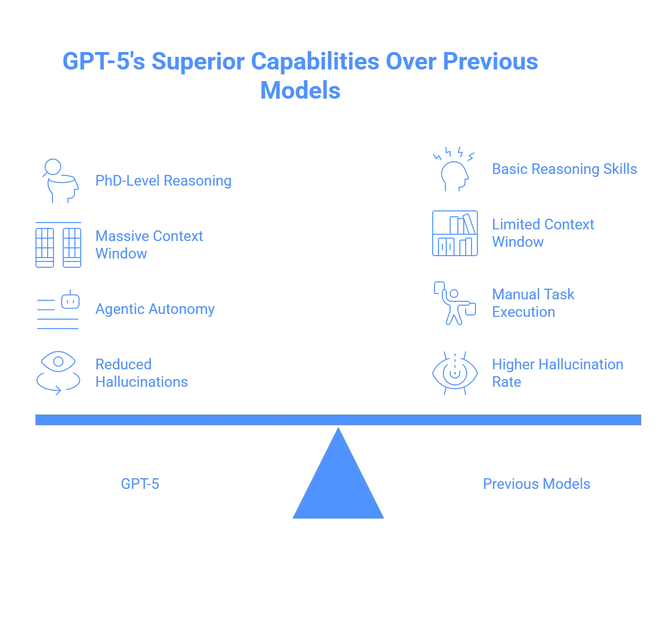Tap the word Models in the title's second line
click(300, 90)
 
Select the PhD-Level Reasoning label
click(163, 181)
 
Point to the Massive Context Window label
click(149, 244)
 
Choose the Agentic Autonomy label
click(154, 309)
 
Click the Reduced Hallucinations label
click(141, 373)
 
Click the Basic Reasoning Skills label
click(563, 169)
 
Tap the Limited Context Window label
click(542, 233)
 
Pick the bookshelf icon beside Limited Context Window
click(455, 233)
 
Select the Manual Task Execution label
click(533, 303)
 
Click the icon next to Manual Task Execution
click(455, 303)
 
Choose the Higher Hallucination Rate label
click(558, 373)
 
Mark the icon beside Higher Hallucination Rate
click(455, 373)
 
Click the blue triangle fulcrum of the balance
click(338, 486)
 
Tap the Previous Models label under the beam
click(536, 484)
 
